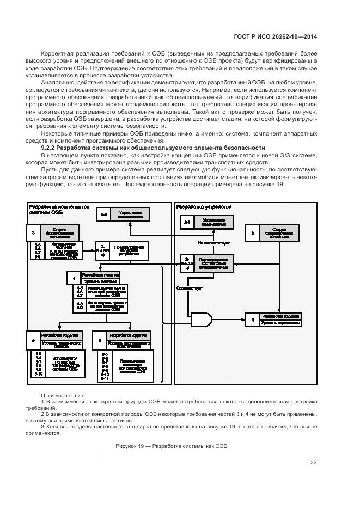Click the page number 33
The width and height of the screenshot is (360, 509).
[x=313, y=463]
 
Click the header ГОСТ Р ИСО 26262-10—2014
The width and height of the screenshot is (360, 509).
[x=276, y=36]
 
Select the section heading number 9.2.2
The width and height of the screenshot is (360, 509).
[x=51, y=148]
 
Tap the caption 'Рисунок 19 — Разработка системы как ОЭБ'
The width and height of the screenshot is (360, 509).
[x=171, y=446]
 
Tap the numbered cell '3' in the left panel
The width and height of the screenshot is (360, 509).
[x=34, y=233]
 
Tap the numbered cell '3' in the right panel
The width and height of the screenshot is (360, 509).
[x=252, y=233]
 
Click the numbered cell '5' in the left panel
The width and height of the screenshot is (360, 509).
[x=33, y=340]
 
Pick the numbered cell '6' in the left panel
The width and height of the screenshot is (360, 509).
[x=99, y=340]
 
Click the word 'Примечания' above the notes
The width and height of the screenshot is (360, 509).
[x=63, y=395]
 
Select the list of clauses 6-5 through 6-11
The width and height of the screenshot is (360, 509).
[x=104, y=365]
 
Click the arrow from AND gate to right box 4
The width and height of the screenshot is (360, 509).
[x=229, y=320]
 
